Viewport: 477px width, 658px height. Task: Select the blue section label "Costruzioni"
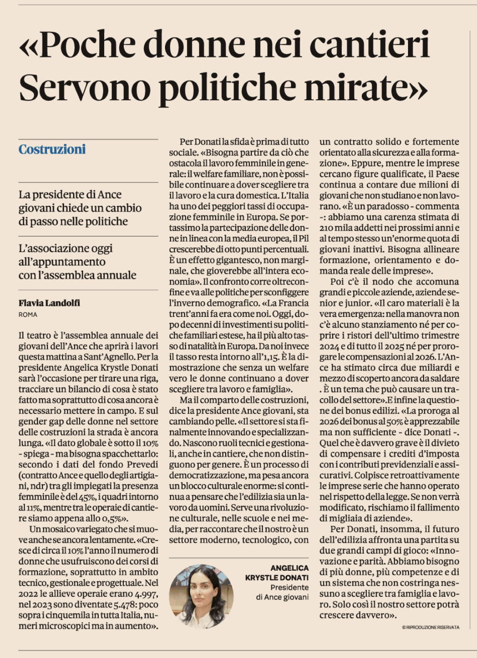pos(52,150)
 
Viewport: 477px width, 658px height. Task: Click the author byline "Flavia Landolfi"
pos(49,303)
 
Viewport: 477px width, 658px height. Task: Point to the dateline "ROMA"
pos(28,315)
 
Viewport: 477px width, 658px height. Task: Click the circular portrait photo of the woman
pos(201,596)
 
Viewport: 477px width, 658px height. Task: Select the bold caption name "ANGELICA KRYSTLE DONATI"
pos(277,572)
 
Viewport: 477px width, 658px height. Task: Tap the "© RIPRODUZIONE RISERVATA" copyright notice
pos(430,627)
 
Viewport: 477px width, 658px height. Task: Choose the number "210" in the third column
pos(327,228)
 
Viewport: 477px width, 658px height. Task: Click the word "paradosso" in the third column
pos(380,206)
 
